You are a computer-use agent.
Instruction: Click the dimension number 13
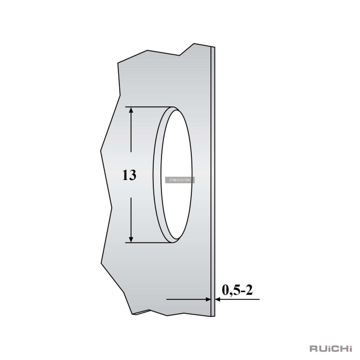tap(129, 175)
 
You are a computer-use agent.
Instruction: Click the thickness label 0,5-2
tap(238, 290)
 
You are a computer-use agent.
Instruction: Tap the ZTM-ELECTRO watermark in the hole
tap(180, 180)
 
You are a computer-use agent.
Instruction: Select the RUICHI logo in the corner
tap(331, 348)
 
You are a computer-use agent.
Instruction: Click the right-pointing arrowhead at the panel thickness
tap(208, 299)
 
